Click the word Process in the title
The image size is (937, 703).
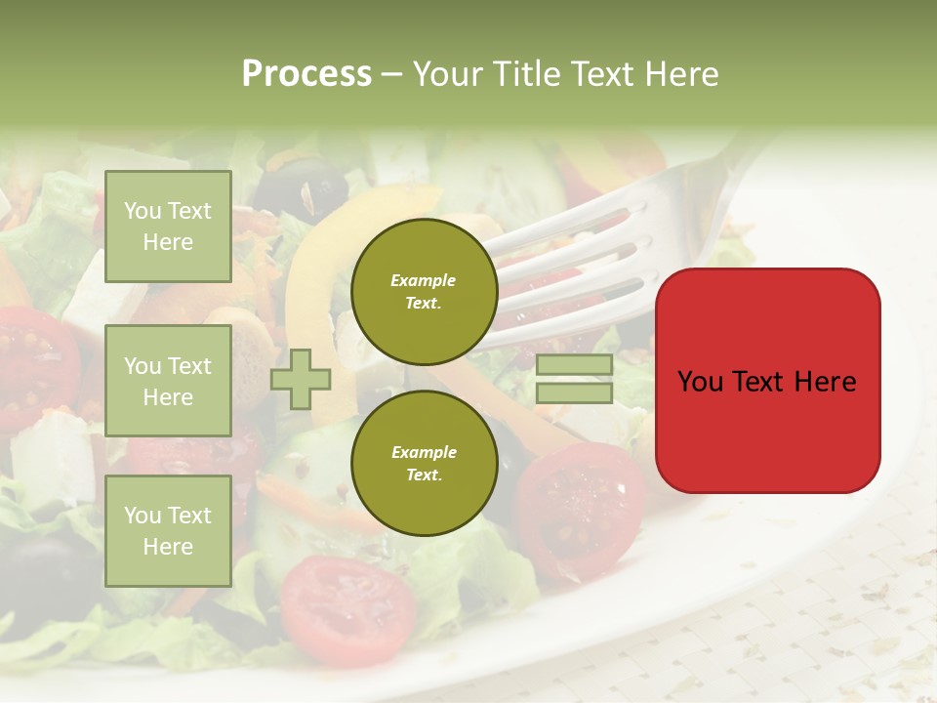(306, 74)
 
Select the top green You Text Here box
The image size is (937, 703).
(168, 227)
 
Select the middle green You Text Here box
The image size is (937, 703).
(168, 381)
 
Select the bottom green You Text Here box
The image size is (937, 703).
(168, 530)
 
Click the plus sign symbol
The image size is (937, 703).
(300, 380)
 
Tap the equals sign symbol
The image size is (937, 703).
(574, 380)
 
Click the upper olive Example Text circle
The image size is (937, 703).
(424, 292)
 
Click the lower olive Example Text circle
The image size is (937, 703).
(424, 463)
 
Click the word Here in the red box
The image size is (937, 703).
(825, 382)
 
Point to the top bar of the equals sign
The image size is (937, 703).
(574, 365)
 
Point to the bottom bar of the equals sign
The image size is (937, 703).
(574, 393)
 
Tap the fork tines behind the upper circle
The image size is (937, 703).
(586, 244)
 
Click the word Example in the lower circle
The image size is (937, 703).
(424, 452)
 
